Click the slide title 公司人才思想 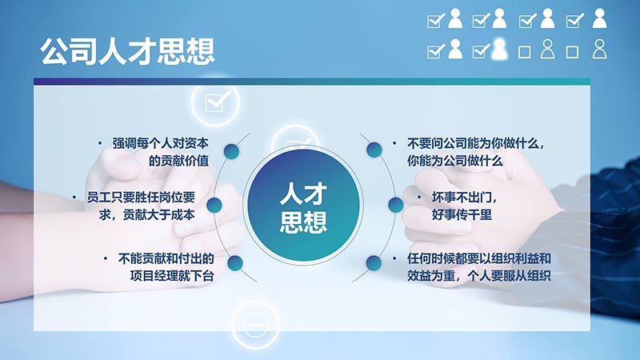pyautogui.click(x=127, y=52)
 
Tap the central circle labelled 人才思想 pyautogui.click(x=304, y=206)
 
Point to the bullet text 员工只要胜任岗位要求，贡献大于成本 pyautogui.click(x=141, y=206)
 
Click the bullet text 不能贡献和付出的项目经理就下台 pyautogui.click(x=166, y=267)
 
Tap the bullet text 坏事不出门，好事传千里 pyautogui.click(x=464, y=206)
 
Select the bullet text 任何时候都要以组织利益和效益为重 pyautogui.click(x=478, y=267)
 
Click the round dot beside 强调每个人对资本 pyautogui.click(x=231, y=151)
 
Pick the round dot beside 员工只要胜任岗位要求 pyautogui.click(x=214, y=205)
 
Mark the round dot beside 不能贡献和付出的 pyautogui.click(x=235, y=263)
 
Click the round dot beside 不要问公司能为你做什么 pyautogui.click(x=374, y=150)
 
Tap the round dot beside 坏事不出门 pyautogui.click(x=395, y=205)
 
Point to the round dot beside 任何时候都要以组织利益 pyautogui.click(x=374, y=263)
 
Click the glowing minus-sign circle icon pyautogui.click(x=255, y=325)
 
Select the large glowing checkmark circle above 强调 pyautogui.click(x=215, y=102)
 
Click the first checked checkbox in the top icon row pyautogui.click(x=435, y=21)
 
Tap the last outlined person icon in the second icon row pyautogui.click(x=599, y=49)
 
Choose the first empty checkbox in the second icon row pyautogui.click(x=525, y=52)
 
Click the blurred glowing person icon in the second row pyautogui.click(x=499, y=49)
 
